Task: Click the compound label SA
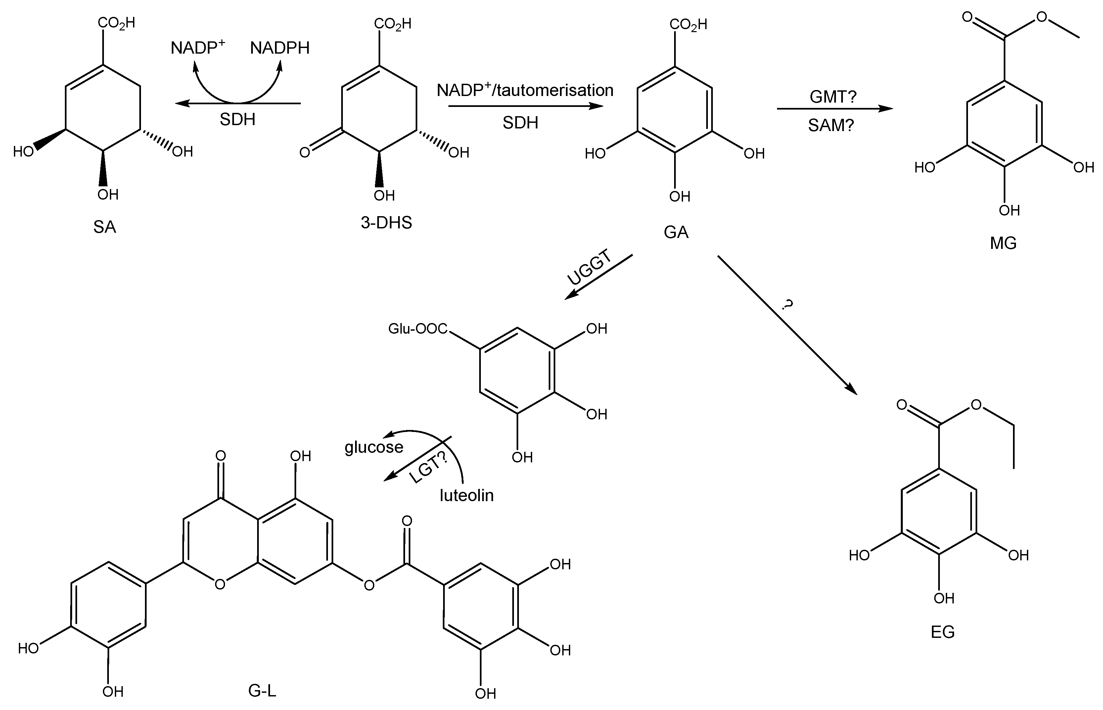[105, 227]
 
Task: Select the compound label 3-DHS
[386, 223]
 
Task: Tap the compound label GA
[676, 232]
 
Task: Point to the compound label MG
[1003, 243]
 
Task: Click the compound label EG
[942, 632]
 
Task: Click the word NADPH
[280, 48]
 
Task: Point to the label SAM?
[831, 125]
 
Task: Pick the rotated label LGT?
[428, 467]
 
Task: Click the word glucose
[374, 447]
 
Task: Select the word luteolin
[467, 496]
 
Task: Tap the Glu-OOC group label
[418, 329]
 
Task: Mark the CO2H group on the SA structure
[116, 23]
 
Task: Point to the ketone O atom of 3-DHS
[305, 152]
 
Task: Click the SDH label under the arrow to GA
[520, 122]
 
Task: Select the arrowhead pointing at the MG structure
[886, 109]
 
